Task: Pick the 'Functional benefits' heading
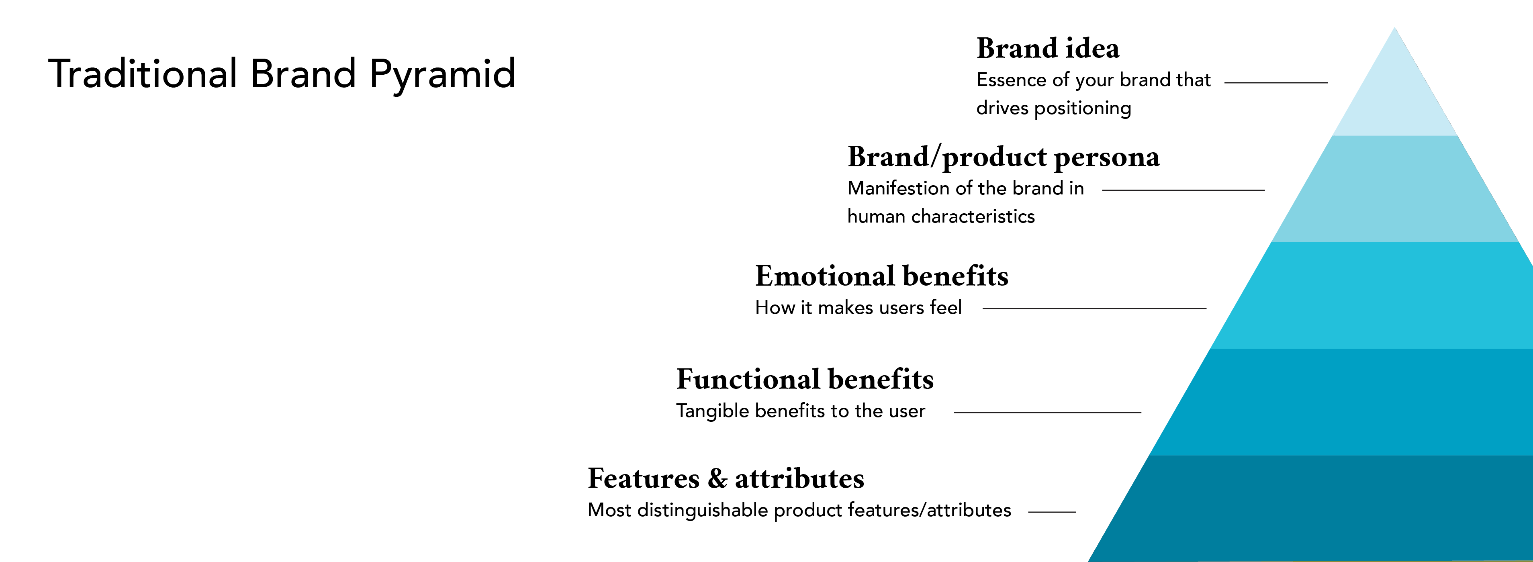tap(805, 379)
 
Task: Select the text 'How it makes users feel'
tap(858, 307)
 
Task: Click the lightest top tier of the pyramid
tap(1394, 95)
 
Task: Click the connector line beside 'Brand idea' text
tap(1276, 83)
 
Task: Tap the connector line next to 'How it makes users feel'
tap(1094, 309)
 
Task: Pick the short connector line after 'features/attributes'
tap(1052, 512)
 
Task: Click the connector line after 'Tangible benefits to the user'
tap(1047, 412)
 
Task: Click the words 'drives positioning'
tap(1053, 108)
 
